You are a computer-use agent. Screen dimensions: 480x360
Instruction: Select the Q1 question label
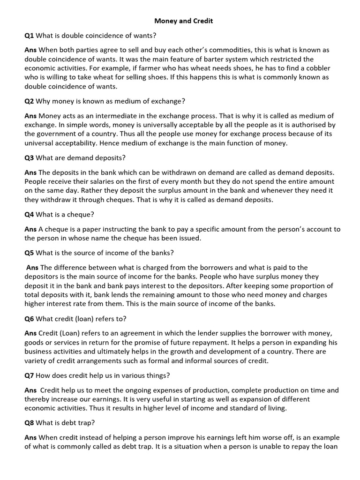point(29,35)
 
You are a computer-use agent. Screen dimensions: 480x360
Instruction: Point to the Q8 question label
point(29,422)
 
